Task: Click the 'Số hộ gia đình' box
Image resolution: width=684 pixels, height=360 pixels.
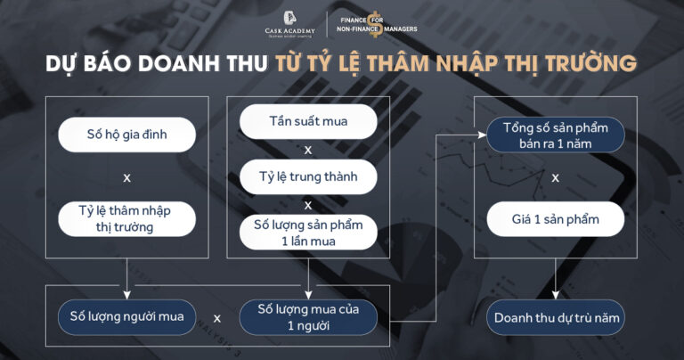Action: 126,135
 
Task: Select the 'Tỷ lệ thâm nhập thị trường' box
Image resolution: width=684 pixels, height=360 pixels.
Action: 126,217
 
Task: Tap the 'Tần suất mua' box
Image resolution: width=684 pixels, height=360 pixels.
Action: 308,121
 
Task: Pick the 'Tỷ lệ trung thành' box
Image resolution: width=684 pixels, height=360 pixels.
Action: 308,176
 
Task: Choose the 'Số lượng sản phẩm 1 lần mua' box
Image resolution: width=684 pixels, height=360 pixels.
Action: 308,231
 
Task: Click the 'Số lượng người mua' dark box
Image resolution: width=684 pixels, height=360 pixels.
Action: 126,316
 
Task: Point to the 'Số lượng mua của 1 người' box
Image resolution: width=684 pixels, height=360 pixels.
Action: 308,316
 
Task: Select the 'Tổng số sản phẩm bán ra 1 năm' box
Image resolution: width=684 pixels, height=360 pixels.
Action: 555,135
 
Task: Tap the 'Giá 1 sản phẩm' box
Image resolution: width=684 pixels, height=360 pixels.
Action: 555,217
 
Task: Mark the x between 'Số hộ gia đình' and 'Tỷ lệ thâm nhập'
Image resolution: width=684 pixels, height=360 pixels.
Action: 126,176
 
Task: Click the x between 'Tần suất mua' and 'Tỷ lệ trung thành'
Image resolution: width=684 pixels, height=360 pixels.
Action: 308,149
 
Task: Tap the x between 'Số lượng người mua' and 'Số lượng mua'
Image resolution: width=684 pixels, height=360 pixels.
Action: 217,316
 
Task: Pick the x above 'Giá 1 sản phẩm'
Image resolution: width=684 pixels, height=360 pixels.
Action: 555,176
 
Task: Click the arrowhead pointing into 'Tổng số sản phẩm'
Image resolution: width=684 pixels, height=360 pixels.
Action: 482,135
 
